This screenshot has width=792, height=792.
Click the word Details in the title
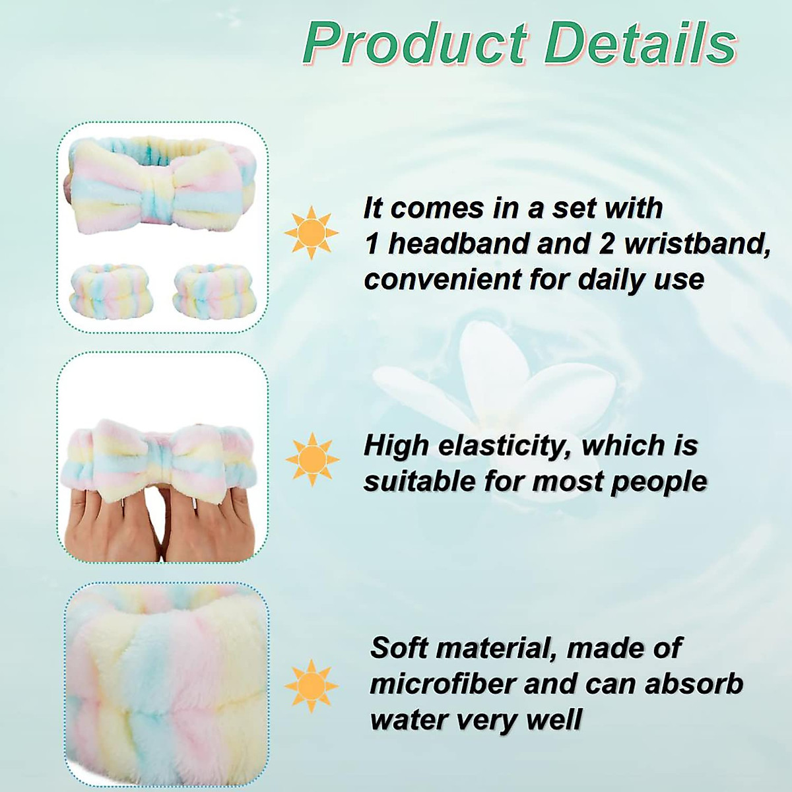(x=641, y=44)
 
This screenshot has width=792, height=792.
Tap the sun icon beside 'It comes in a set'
(x=312, y=232)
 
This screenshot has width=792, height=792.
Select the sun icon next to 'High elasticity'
(x=312, y=459)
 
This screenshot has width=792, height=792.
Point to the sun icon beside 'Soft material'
(x=312, y=686)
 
